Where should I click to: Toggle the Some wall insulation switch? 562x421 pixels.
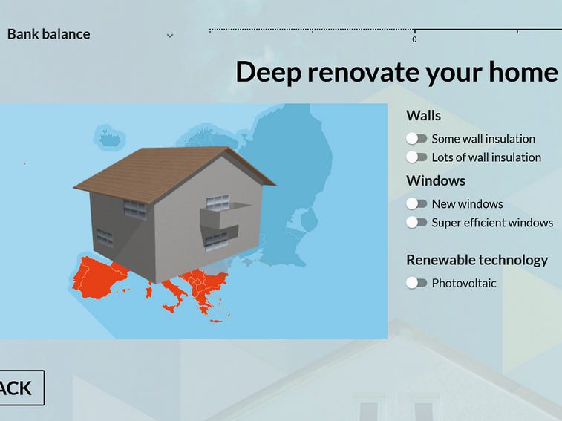tap(416, 138)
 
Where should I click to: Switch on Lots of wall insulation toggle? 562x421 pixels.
tap(416, 157)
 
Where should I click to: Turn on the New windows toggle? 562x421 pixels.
tap(416, 203)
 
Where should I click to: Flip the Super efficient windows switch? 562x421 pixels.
tap(416, 222)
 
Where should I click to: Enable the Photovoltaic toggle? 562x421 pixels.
tap(416, 283)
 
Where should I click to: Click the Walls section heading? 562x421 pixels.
tap(424, 116)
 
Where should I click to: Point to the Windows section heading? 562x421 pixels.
tap(436, 180)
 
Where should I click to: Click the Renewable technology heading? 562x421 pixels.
tap(477, 261)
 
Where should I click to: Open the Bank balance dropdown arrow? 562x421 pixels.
tap(170, 36)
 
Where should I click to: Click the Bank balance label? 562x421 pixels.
tap(49, 34)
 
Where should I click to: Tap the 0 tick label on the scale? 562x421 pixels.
tap(414, 39)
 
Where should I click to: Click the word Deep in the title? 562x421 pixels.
tap(268, 73)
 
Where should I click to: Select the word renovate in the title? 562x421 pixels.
tap(364, 73)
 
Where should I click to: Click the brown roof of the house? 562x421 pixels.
tap(157, 172)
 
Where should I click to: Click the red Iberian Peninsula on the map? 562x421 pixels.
tap(96, 278)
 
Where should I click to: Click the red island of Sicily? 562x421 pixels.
tap(169, 308)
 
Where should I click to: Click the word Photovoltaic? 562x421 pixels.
tap(464, 284)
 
